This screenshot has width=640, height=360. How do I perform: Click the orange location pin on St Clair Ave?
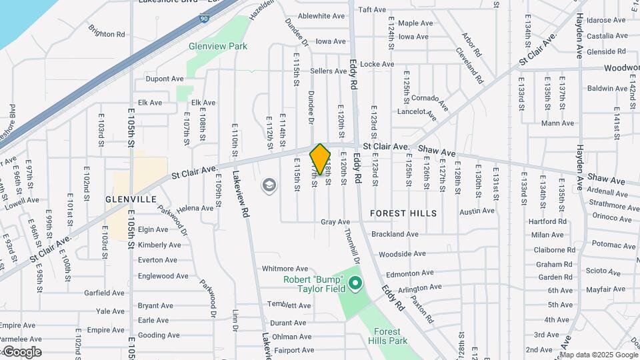point(320,159)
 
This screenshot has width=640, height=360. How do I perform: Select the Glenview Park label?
point(218,46)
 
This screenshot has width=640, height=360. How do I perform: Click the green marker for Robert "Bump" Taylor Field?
point(355,284)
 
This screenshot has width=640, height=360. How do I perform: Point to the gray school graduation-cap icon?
point(269,185)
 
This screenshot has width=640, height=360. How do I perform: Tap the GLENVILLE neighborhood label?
point(131,199)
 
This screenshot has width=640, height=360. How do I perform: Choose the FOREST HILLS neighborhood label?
point(404,213)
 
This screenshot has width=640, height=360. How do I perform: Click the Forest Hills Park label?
point(387,336)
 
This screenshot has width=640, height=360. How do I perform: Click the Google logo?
point(21,351)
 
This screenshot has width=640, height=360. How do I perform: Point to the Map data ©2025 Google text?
point(603,354)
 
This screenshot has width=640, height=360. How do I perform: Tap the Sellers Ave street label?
point(328,71)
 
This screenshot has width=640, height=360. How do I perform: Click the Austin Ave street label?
point(477,211)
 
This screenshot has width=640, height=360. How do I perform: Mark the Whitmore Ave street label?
point(285,268)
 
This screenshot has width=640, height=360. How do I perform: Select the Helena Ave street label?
point(195,208)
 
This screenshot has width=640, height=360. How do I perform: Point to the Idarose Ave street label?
point(606,20)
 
